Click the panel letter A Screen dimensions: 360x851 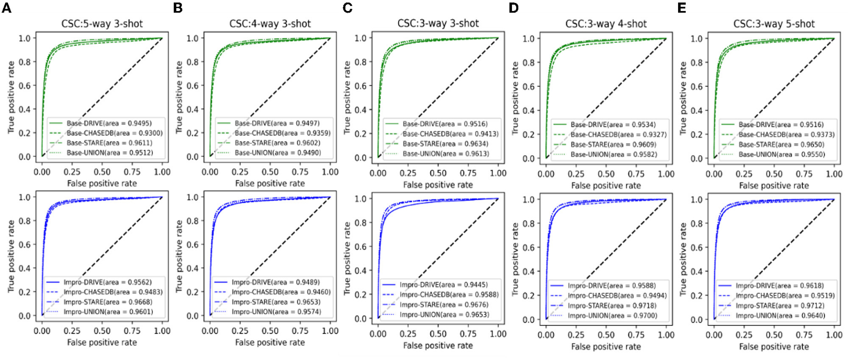(x=6, y=8)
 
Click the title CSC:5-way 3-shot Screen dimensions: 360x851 (x=102, y=24)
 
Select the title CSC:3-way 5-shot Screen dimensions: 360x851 (x=774, y=24)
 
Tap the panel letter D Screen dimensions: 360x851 (x=513, y=8)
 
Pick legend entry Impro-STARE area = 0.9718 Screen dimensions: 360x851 (x=611, y=306)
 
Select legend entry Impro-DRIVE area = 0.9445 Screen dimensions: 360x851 (x=443, y=285)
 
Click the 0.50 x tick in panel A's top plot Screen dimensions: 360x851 (x=102, y=172)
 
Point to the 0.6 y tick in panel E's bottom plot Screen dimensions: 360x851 (x=696, y=247)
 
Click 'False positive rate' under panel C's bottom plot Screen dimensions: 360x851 (x=438, y=346)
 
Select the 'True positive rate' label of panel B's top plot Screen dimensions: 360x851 (x=179, y=97)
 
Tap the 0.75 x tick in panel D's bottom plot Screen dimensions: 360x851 (x=636, y=335)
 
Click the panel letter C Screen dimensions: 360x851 (x=347, y=8)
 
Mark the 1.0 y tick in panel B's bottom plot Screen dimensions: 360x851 (x=192, y=197)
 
